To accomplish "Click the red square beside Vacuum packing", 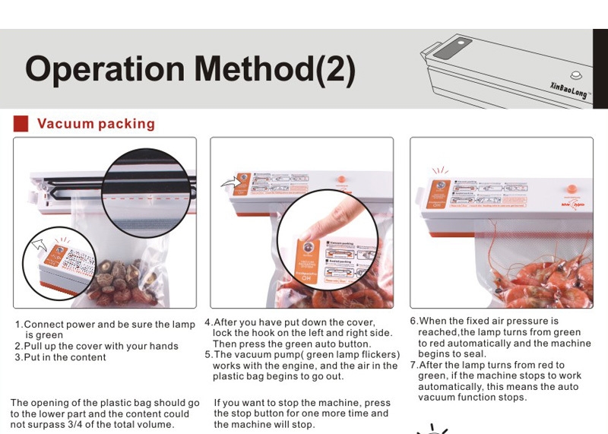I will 21,123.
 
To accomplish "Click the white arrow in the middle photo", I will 228,182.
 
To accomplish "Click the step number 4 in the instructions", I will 208,322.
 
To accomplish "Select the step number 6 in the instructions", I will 413,322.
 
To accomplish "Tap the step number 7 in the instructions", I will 413,365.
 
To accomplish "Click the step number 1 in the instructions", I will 18,325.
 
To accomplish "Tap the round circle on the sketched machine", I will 575,75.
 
